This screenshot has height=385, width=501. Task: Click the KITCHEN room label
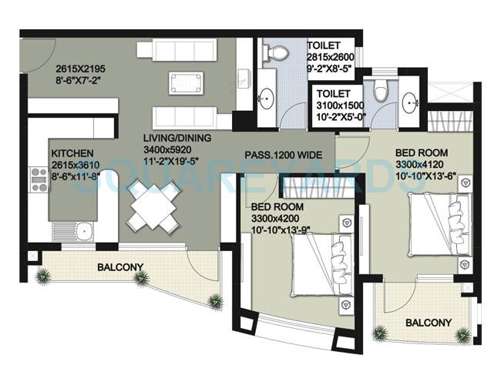click(x=73, y=152)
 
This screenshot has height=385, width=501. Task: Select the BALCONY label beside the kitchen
click(x=119, y=267)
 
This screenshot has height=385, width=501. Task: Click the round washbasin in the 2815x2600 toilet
click(x=270, y=97)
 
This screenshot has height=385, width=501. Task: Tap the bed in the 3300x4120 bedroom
click(x=447, y=220)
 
